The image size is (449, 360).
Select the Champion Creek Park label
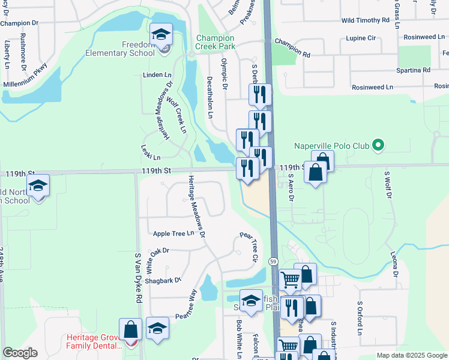pyautogui.click(x=215, y=42)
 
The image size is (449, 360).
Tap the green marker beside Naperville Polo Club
pyautogui.click(x=378, y=145)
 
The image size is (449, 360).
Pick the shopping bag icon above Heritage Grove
pyautogui.click(x=130, y=329)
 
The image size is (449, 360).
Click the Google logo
pyautogui.click(x=20, y=353)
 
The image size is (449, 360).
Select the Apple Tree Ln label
pyautogui.click(x=173, y=233)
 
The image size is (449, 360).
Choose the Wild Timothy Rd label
pyautogui.click(x=366, y=20)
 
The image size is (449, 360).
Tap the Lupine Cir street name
pyautogui.click(x=361, y=38)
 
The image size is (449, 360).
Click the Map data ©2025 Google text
pyautogui.click(x=411, y=355)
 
